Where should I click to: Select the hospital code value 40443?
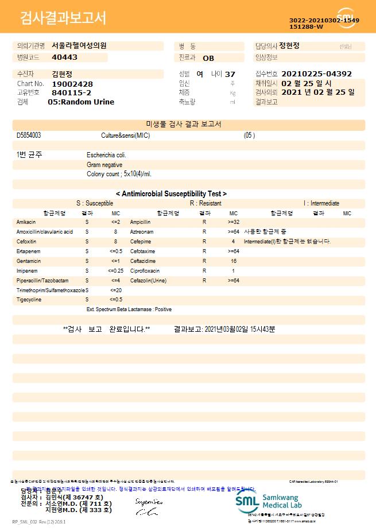[64, 57]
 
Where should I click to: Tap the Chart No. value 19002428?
[72, 84]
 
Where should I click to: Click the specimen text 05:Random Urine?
[81, 102]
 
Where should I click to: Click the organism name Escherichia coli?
[106, 155]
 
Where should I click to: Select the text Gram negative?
[104, 165]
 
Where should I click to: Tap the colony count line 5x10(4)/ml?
[119, 174]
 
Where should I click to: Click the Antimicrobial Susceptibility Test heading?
[171, 194]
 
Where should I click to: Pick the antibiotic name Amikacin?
[26, 222]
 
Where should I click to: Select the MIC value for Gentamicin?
[115, 261]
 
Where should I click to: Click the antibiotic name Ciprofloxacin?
[145, 270]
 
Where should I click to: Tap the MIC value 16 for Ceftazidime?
[234, 261]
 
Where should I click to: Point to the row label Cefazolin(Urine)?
[149, 281]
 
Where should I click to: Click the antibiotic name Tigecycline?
[29, 300]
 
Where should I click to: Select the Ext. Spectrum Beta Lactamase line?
[129, 309]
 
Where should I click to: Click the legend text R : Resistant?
[206, 203]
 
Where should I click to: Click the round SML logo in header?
[346, 18]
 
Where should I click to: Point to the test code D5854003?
[29, 135]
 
